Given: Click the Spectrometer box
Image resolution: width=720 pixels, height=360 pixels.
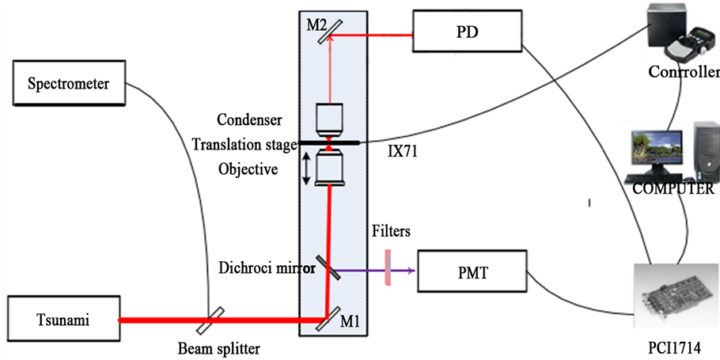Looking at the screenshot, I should pos(67,83).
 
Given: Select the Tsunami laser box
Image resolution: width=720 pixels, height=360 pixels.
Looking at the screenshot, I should pos(62,320).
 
